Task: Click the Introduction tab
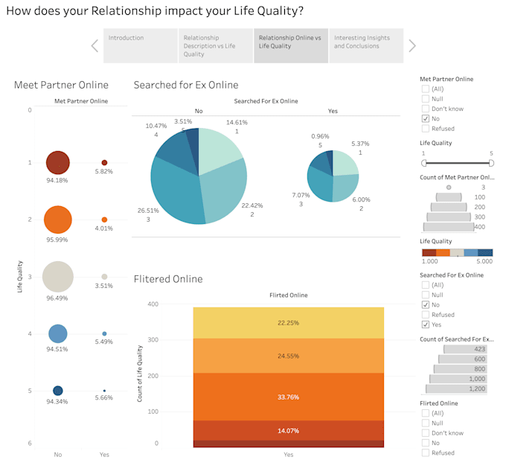point(140,45)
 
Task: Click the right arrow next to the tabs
point(412,45)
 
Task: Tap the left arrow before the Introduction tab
point(95,45)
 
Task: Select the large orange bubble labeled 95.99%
point(58,220)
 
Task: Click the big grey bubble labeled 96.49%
point(58,276)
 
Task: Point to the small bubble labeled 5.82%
point(104,162)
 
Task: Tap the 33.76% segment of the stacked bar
point(288,397)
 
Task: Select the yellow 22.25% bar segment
point(288,322)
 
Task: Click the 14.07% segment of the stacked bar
point(288,431)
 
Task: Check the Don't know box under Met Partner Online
point(426,109)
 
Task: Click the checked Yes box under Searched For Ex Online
point(426,324)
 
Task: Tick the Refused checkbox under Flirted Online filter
point(426,452)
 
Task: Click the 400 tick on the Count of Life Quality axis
point(152,304)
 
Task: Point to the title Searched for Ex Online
point(185,85)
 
